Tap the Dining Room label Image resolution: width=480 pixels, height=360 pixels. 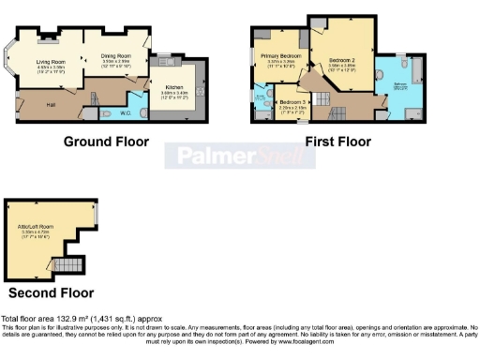114,56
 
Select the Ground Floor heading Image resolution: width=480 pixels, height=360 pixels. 106,142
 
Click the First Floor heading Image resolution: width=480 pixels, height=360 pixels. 337,142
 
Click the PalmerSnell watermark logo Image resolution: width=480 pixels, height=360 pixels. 239,156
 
